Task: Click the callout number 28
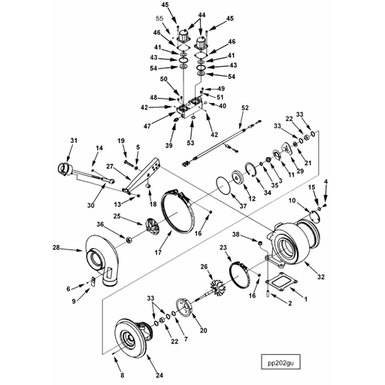55,247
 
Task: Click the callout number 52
244,109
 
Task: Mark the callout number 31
74,140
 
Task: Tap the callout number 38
237,235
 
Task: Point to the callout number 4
326,182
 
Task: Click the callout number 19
120,141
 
